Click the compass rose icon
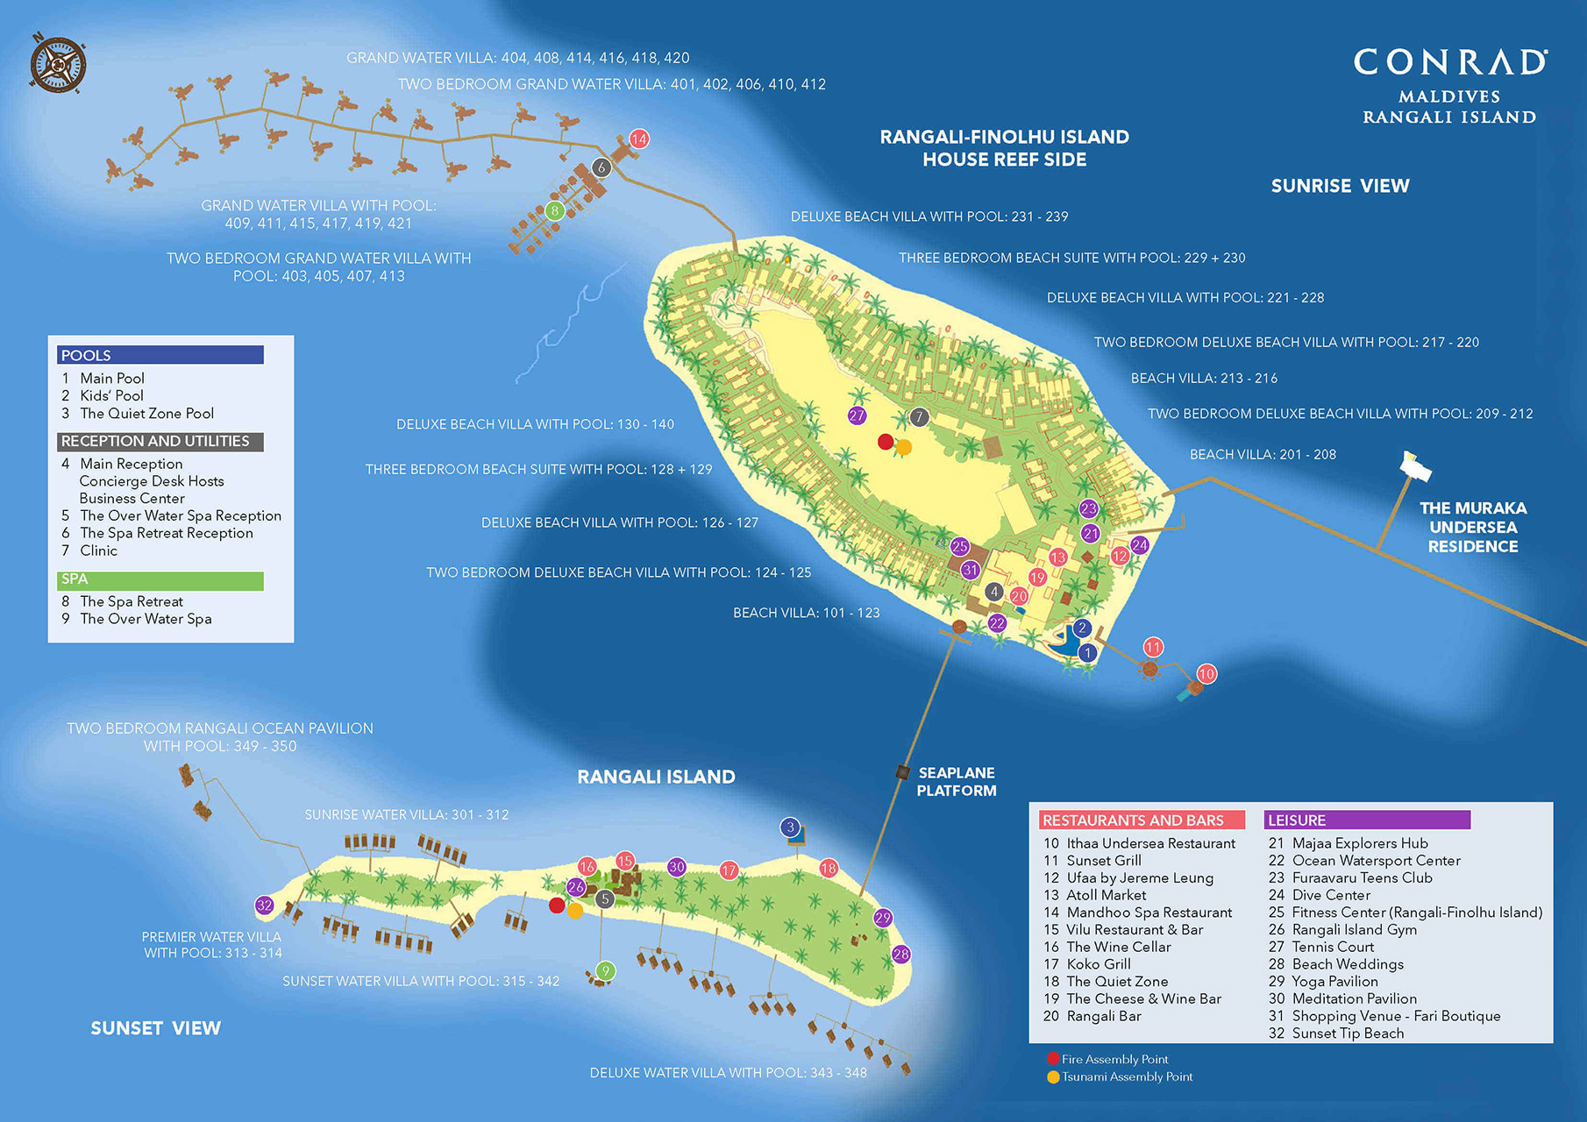point(57,64)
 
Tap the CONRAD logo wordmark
point(1449,62)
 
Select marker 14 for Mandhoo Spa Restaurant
point(639,138)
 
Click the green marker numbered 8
point(554,210)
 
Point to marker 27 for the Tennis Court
point(857,415)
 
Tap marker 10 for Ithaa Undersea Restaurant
point(1206,674)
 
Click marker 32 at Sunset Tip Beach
point(265,905)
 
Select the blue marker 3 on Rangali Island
point(791,827)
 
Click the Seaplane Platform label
point(956,782)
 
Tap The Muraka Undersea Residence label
point(1472,527)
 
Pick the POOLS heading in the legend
point(86,355)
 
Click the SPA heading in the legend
point(75,579)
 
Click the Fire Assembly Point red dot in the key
point(1053,1059)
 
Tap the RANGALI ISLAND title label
point(656,777)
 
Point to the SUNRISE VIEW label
point(1340,186)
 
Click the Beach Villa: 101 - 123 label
point(806,613)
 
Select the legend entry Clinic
point(98,550)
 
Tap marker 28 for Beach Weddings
point(901,954)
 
